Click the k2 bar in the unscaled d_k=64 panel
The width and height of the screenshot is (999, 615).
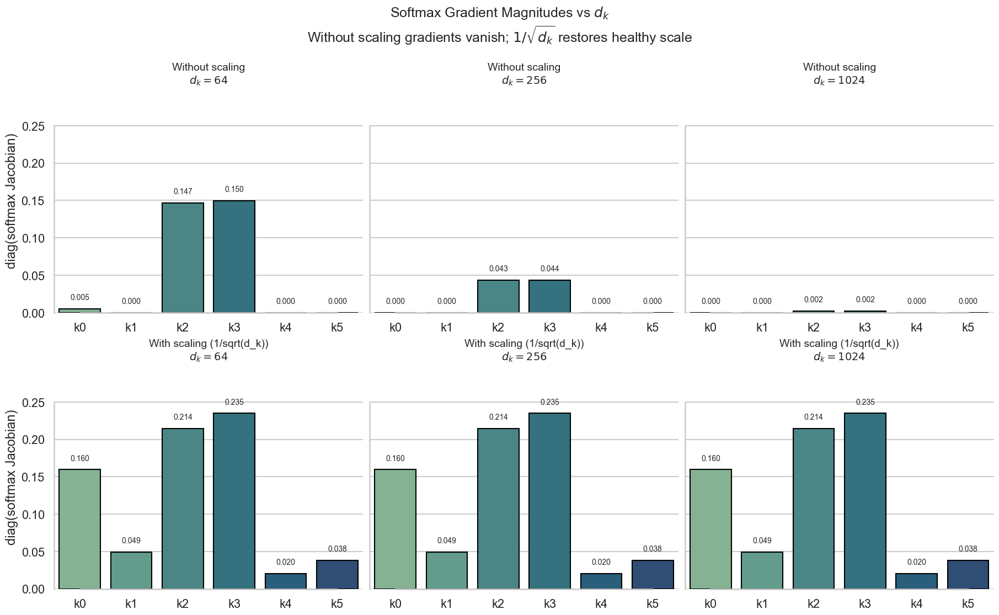tap(183, 258)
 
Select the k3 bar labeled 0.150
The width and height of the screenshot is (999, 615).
tap(234, 256)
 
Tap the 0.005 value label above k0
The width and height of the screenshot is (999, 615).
tap(79, 297)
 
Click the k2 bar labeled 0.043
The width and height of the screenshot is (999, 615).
tap(498, 296)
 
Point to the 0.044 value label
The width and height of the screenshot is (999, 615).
tap(549, 269)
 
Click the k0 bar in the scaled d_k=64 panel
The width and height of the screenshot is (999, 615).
tap(79, 529)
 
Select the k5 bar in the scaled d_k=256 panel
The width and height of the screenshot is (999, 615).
tap(653, 574)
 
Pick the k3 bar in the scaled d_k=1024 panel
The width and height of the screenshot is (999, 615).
tap(865, 501)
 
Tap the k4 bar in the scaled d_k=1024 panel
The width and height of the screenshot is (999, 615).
tap(916, 581)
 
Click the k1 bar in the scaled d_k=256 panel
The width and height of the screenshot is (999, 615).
tap(447, 570)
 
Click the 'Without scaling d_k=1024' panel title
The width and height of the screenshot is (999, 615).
tap(839, 73)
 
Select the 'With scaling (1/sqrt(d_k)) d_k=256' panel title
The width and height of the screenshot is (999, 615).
tap(524, 350)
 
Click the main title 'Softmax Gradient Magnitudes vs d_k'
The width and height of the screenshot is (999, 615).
tap(499, 13)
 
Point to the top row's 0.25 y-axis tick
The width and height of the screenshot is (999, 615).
tap(33, 127)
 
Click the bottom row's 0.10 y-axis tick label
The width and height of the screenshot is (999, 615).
tap(33, 515)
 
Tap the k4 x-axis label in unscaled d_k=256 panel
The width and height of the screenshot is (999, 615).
tap(601, 328)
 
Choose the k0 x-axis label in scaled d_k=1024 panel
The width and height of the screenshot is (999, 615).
tap(710, 604)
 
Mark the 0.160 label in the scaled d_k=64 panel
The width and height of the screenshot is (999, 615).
tap(79, 458)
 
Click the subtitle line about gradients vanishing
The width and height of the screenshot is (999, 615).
tap(499, 37)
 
